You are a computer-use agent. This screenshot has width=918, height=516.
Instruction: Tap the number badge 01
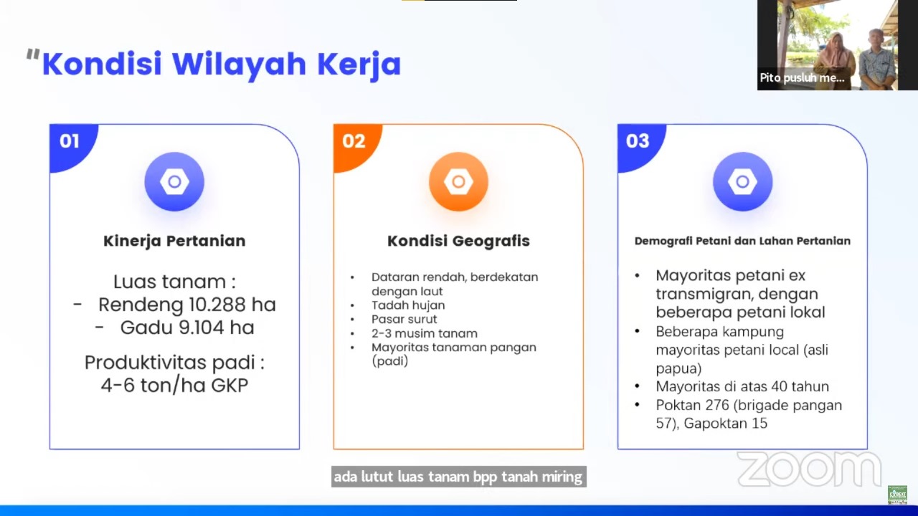coord(69,141)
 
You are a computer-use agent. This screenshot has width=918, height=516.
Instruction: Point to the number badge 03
coord(637,141)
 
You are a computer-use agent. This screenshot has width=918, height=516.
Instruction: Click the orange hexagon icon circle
coord(458,182)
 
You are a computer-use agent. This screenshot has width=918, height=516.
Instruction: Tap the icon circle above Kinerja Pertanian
coord(174,182)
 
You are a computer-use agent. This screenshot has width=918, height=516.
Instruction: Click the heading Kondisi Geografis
coord(458,241)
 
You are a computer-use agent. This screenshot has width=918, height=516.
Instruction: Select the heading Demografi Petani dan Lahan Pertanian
coord(742,241)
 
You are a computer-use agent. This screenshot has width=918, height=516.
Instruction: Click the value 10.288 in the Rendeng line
coord(212,305)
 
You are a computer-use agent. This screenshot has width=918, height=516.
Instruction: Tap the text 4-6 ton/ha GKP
coord(174,385)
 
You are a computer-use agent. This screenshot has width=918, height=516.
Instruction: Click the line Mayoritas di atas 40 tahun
coord(742,386)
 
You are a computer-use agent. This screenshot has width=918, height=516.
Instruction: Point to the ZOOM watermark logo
coord(809,469)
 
